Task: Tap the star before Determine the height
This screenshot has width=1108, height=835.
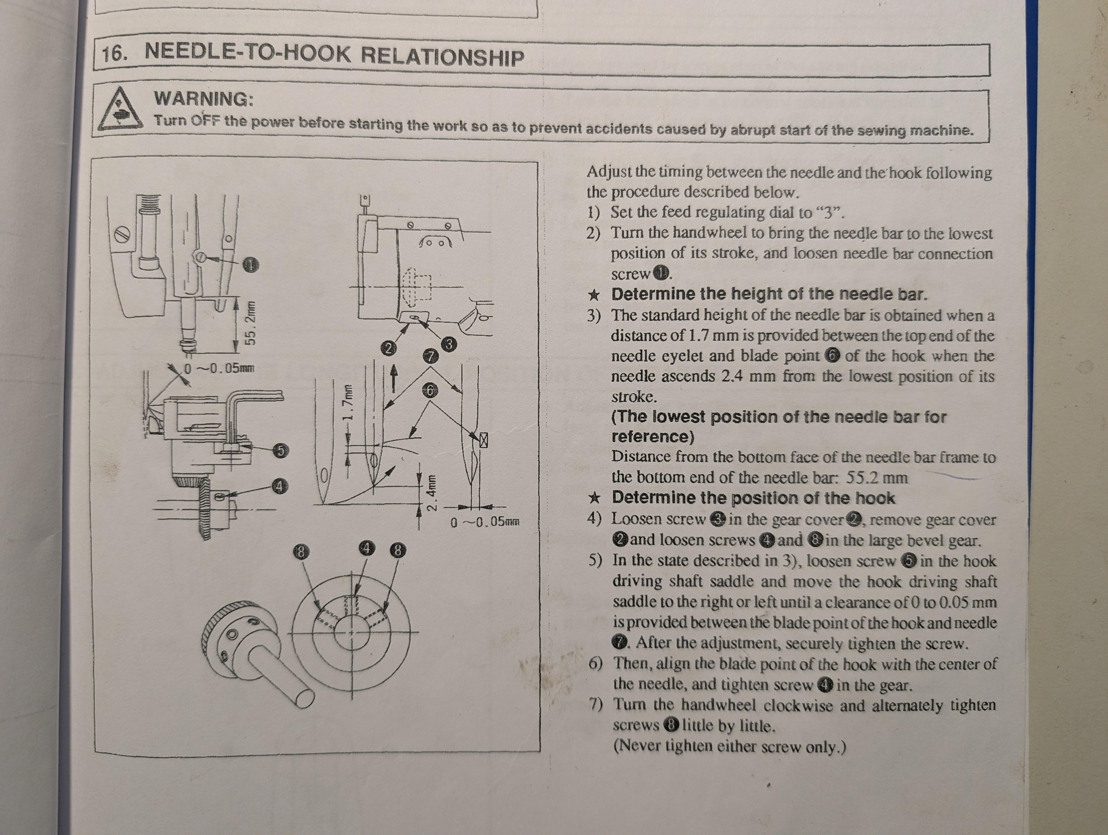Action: point(594,294)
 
